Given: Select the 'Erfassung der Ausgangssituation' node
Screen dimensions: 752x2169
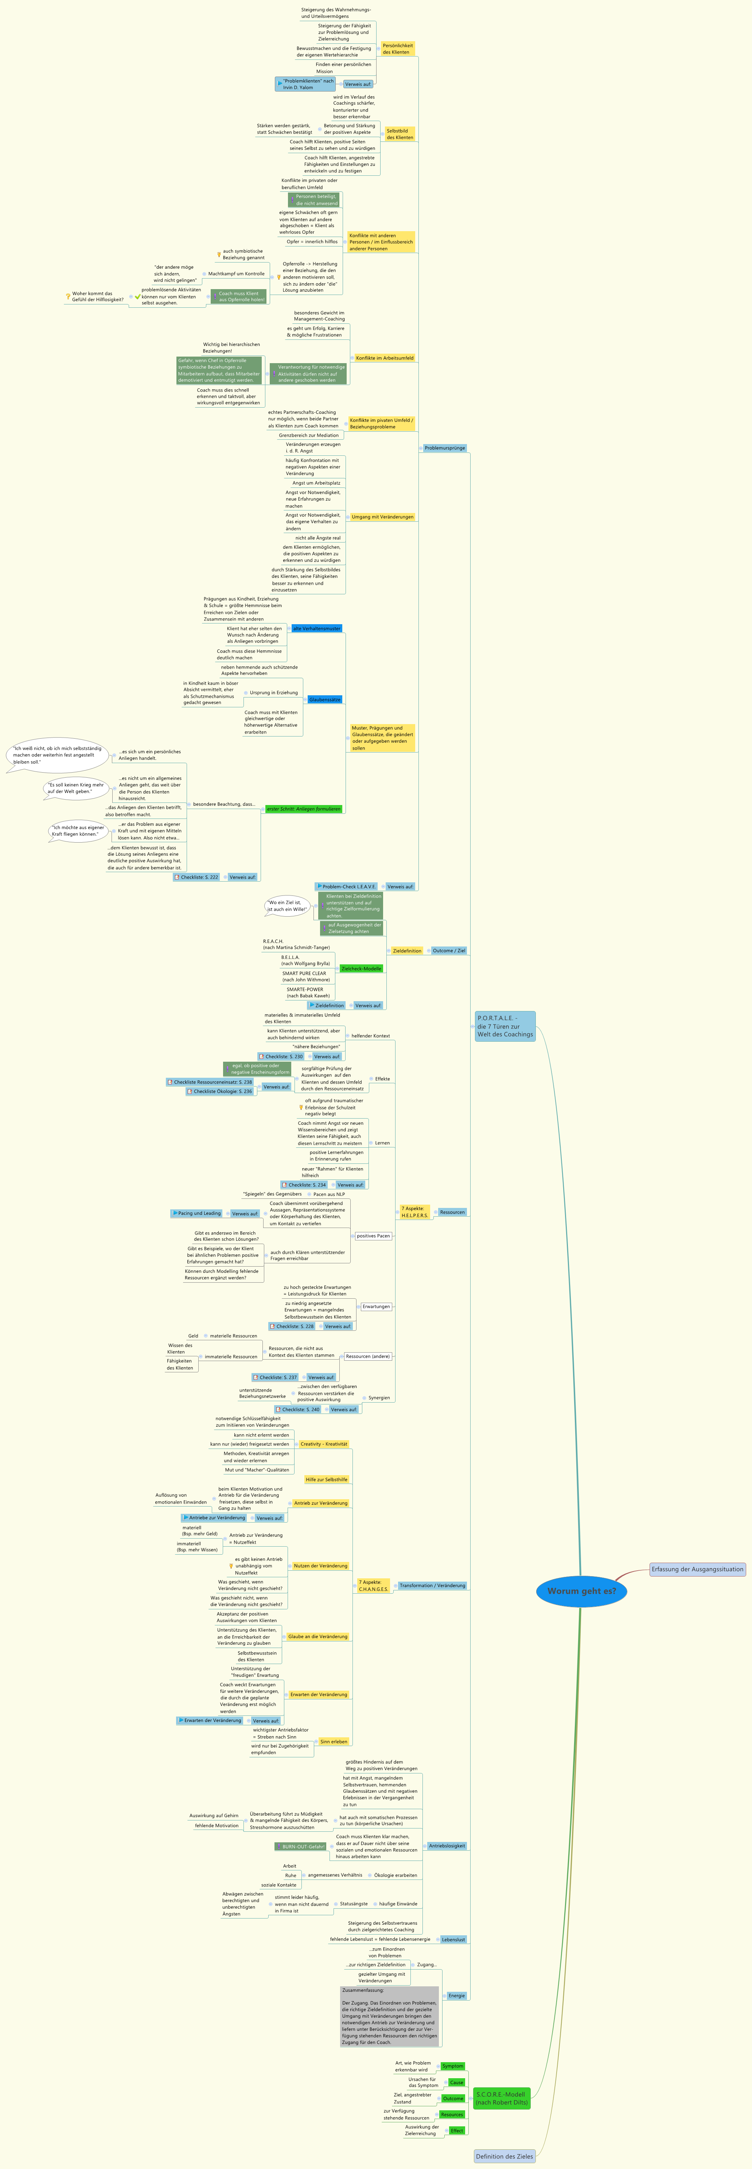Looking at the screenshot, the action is click(x=697, y=1569).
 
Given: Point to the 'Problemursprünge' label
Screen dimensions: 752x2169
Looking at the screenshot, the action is click(x=445, y=448).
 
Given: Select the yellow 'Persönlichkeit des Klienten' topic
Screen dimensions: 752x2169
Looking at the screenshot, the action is click(x=397, y=48).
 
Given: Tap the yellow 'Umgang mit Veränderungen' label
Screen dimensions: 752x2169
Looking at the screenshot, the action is click(x=382, y=517).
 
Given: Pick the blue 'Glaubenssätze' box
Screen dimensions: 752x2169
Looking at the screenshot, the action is click(x=324, y=700).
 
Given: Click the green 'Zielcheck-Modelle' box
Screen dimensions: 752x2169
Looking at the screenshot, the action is click(x=361, y=968).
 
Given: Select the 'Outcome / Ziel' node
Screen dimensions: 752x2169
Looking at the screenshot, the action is click(x=449, y=951).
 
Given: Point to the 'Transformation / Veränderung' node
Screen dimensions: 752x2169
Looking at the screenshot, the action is click(x=432, y=1586).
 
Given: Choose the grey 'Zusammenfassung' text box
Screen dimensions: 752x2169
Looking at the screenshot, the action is click(x=390, y=2017).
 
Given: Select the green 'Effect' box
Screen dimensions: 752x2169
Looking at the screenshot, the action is click(x=456, y=2130).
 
